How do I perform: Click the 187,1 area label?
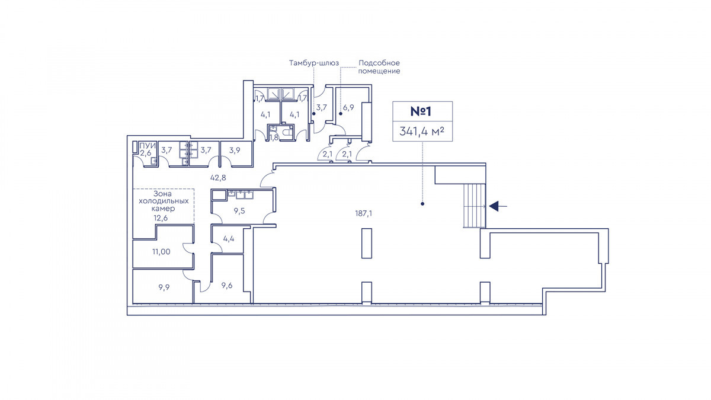point(363,213)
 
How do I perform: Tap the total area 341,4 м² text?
point(421,131)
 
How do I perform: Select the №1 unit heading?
point(421,111)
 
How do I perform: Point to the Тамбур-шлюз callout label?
point(314,63)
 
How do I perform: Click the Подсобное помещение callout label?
point(379,67)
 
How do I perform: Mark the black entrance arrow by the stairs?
point(498,206)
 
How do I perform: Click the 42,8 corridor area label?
point(218,178)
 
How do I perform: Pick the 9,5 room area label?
point(239,211)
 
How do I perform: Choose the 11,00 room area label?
point(161,252)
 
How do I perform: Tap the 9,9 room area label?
point(164,287)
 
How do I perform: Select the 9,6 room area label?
point(227,286)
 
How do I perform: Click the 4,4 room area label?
point(229,238)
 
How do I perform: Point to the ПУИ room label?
point(148,146)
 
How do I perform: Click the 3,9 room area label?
point(235,150)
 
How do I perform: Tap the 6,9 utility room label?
point(348,107)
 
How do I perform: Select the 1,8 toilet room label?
point(274,137)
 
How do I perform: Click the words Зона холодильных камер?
point(164,201)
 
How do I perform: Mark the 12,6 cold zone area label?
point(161,218)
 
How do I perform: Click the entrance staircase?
point(475,206)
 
